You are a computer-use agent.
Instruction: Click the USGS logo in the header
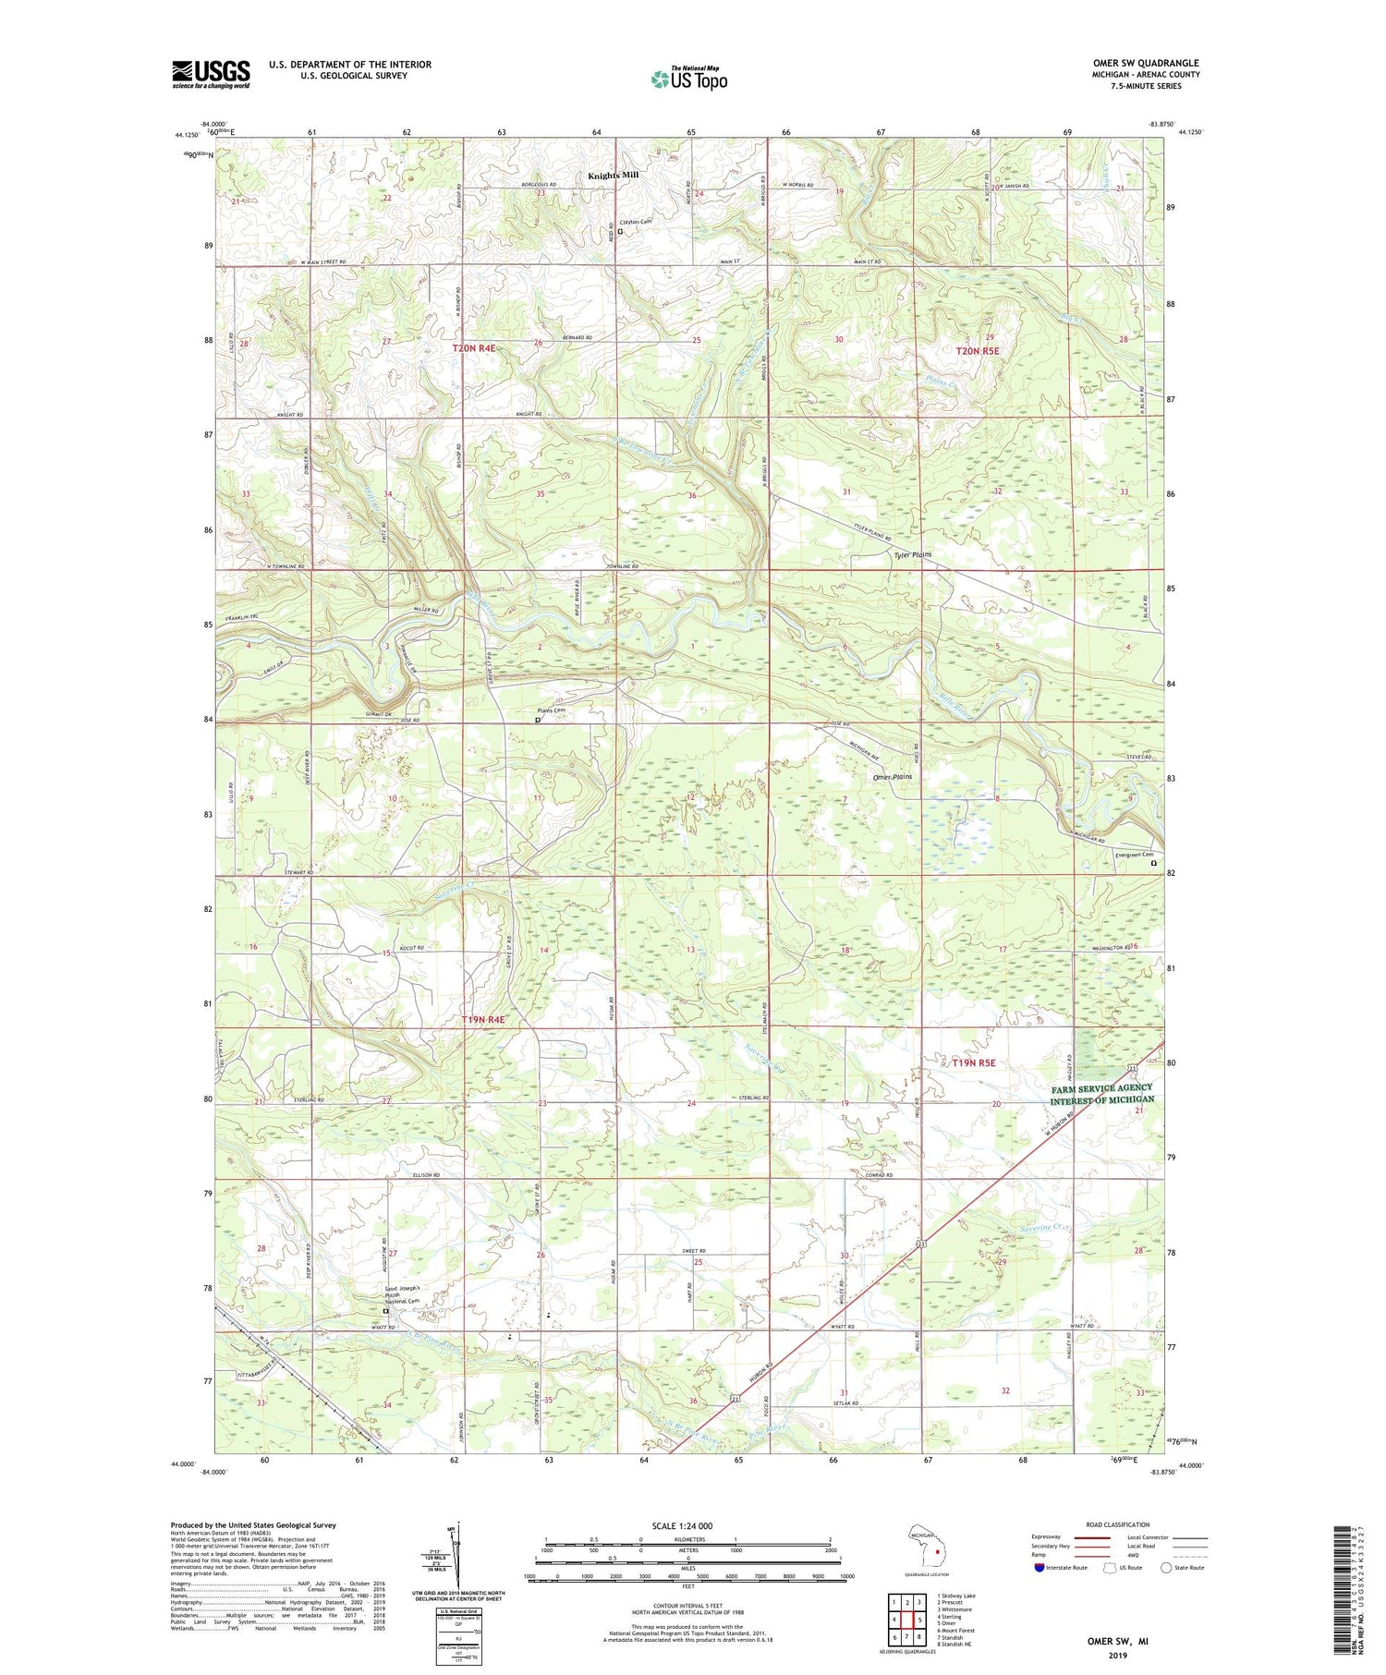pos(211,74)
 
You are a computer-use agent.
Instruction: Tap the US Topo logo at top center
pos(688,79)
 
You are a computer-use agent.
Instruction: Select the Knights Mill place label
pos(614,175)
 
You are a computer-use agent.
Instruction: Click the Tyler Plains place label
pos(912,555)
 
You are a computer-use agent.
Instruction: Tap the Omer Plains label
pos(892,777)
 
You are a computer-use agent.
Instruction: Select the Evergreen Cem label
pos(1135,855)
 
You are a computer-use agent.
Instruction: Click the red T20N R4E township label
pos(474,348)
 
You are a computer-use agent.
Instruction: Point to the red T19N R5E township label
pos(974,1062)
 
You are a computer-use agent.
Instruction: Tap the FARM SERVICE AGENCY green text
pos(1101,1088)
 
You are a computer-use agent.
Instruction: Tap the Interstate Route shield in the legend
pos(1039,1568)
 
